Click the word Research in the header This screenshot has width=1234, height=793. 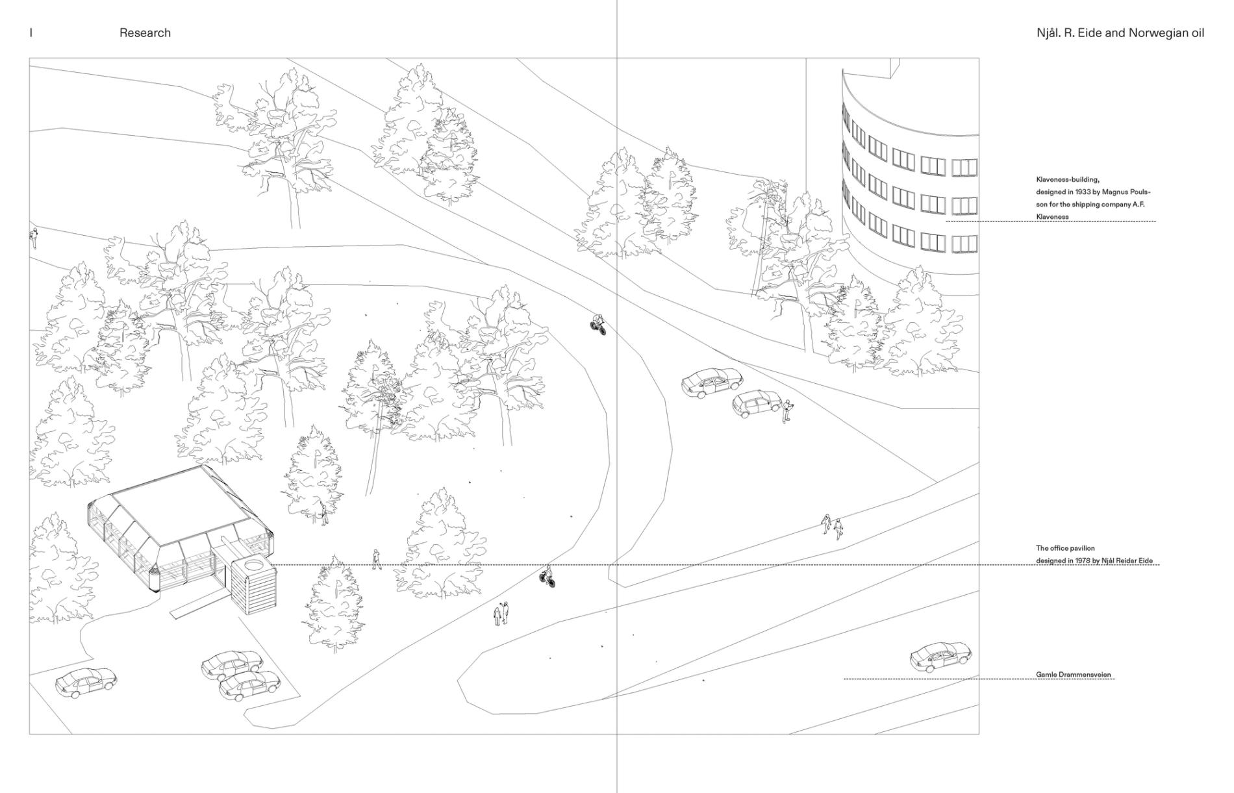[x=145, y=32]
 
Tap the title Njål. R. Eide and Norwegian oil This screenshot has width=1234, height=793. [x=1120, y=32]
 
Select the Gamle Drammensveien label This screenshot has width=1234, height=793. [x=1074, y=675]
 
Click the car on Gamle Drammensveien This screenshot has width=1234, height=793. [x=940, y=657]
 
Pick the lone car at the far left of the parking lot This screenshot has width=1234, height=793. [x=86, y=683]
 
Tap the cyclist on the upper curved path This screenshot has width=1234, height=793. [x=598, y=324]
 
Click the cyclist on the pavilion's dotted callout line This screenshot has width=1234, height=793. [x=548, y=576]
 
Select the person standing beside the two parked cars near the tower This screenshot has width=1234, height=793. [x=787, y=411]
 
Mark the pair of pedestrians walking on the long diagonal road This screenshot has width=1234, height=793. [x=832, y=526]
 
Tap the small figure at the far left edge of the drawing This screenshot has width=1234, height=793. [x=32, y=238]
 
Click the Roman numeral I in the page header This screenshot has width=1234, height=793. [x=31, y=32]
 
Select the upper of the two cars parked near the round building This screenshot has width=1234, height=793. [x=711, y=383]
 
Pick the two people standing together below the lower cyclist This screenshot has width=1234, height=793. [x=501, y=614]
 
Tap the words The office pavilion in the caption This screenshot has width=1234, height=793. [x=1065, y=549]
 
